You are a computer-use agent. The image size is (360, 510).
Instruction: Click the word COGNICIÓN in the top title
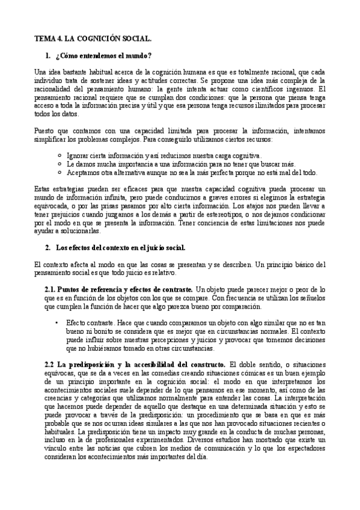(x=94, y=38)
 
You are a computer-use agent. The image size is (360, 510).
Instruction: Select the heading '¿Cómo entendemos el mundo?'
(x=103, y=56)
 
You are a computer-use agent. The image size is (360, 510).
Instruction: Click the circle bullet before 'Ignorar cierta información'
(x=58, y=155)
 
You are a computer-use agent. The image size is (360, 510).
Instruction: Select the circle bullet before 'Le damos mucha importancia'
(x=58, y=163)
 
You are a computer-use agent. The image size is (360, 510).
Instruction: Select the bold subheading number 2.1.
(x=50, y=289)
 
